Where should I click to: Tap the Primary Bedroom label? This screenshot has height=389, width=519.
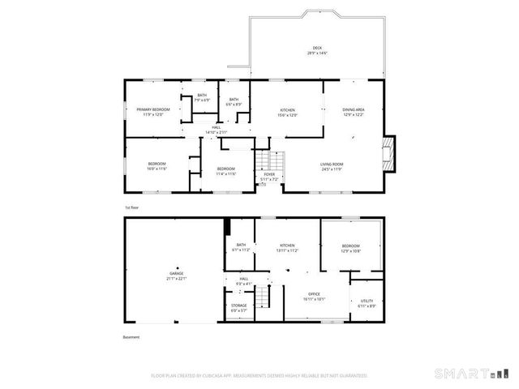(152, 112)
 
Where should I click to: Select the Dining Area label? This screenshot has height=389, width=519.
(353, 112)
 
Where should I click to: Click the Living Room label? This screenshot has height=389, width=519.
(332, 167)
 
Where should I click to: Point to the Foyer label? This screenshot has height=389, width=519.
(268, 174)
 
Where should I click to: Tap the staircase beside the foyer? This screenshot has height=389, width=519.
(269, 160)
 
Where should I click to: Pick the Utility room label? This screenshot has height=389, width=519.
(367, 302)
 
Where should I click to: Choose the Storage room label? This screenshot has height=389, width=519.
(239, 307)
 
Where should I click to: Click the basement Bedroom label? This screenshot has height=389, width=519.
(350, 248)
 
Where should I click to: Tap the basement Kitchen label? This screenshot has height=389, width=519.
(288, 248)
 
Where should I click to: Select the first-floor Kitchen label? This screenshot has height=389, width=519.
(288, 112)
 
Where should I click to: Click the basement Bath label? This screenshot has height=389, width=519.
(241, 248)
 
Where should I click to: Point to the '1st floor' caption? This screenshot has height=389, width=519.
(132, 208)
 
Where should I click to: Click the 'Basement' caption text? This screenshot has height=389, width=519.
(131, 337)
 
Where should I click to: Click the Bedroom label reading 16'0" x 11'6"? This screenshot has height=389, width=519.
(157, 168)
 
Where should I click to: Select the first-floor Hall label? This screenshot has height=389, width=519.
(217, 130)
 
